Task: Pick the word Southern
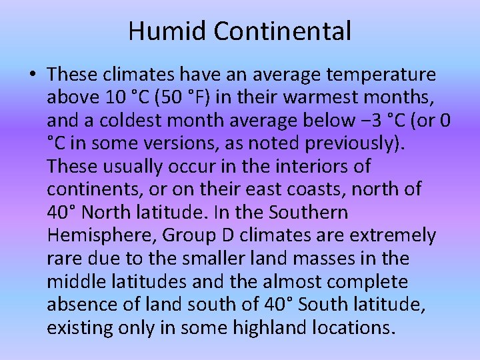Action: [x=313, y=212]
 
